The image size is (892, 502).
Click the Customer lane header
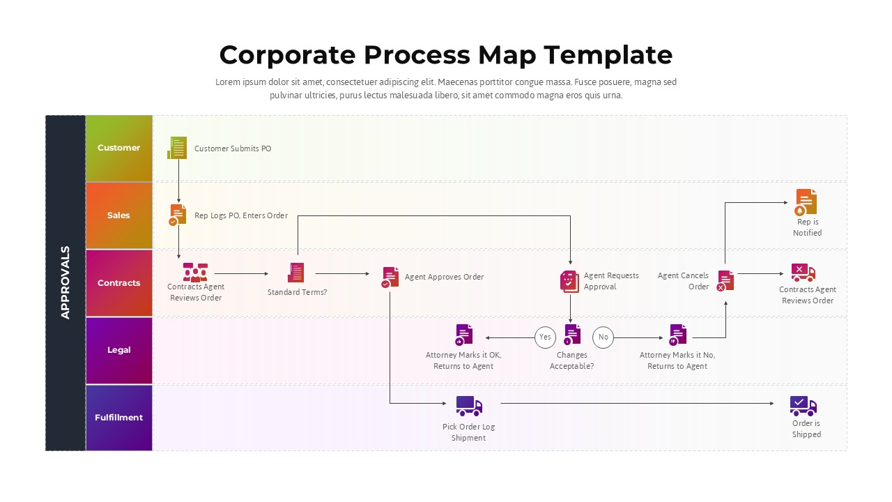click(x=118, y=148)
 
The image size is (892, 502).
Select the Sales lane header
click(x=118, y=215)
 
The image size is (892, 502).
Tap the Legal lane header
click(x=118, y=350)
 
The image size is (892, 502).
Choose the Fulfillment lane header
click(x=118, y=418)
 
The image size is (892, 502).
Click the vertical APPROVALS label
click(x=66, y=282)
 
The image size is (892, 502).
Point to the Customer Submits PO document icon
click(x=178, y=148)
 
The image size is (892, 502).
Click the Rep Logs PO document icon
click(x=178, y=214)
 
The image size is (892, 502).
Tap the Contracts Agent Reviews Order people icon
click(x=195, y=272)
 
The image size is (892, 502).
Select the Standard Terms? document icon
click(x=296, y=273)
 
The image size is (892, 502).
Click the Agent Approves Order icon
click(x=390, y=277)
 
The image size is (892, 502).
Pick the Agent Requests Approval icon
click(x=569, y=281)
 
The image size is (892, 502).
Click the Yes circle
click(x=545, y=337)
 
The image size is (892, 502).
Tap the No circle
click(x=603, y=337)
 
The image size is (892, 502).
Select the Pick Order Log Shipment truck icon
click(x=469, y=406)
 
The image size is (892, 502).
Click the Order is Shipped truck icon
click(x=803, y=406)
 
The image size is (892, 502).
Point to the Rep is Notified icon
click(x=806, y=202)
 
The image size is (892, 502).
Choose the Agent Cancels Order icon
click(x=725, y=280)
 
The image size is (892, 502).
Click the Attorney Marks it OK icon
click(x=463, y=335)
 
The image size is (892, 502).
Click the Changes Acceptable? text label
click(x=571, y=360)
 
